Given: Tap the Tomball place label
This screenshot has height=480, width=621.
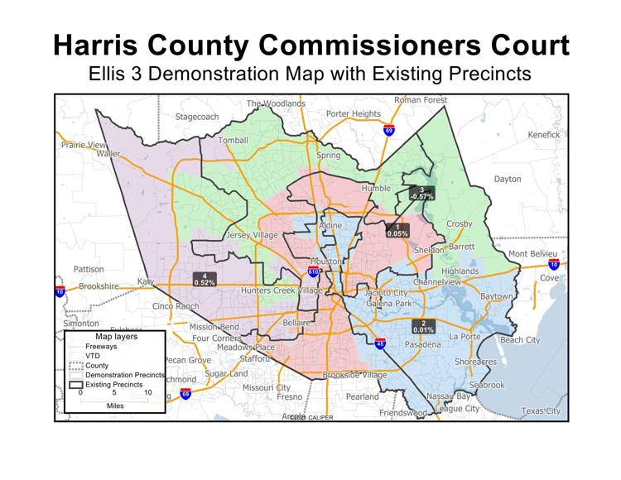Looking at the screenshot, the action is point(233,141).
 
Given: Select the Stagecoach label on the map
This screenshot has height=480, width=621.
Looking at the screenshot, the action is point(197,117).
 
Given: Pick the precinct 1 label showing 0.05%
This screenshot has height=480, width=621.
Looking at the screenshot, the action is point(397,231).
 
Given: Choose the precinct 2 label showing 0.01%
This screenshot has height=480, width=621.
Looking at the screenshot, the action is point(423,327).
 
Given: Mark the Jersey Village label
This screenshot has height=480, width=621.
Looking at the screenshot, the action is point(253,236).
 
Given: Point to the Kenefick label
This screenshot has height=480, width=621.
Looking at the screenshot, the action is point(544,134).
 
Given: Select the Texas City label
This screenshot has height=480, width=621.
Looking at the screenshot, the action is point(542,411).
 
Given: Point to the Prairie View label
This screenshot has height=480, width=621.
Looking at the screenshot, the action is point(79,145).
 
